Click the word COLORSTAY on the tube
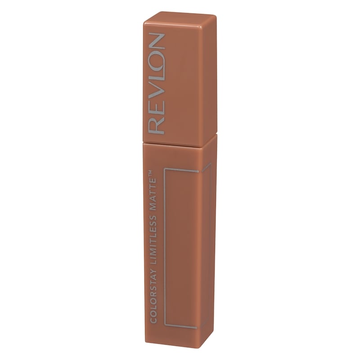153,297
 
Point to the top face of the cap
180,18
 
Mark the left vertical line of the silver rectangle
165,247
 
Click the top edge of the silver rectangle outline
182,170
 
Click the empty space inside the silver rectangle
182,247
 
